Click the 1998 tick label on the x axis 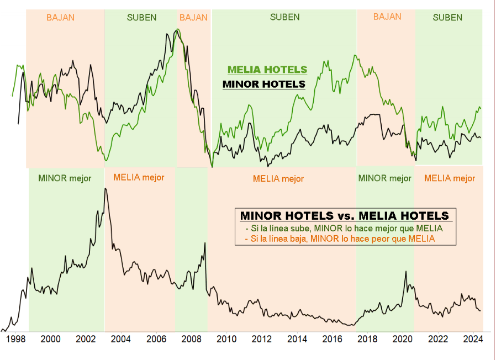point(15,338)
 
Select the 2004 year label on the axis point(121,338)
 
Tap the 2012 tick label point(262,338)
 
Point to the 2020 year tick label point(403,338)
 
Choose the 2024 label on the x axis point(473,338)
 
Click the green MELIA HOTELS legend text point(267,70)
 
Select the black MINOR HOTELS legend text point(263,84)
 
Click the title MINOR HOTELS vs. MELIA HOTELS point(345,215)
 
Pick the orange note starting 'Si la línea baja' point(339,239)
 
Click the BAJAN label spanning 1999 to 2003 point(60,17)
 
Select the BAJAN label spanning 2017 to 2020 point(387,17)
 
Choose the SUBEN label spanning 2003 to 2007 point(141,17)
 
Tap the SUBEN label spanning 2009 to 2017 point(285,17)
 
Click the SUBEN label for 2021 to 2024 point(447,17)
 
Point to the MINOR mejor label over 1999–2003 point(65,178)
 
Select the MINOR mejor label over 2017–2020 point(384,178)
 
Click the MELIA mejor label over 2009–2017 point(278,179)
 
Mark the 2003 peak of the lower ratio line point(105,189)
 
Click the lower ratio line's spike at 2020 point(406,272)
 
